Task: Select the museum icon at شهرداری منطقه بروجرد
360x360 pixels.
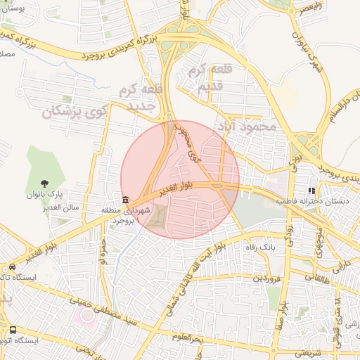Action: click(125, 200)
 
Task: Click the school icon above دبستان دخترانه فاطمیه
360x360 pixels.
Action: click(311, 191)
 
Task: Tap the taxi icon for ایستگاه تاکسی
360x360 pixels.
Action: click(13, 267)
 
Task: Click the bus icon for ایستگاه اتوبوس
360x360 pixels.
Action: click(13, 330)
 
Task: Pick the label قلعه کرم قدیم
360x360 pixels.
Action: click(208, 79)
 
